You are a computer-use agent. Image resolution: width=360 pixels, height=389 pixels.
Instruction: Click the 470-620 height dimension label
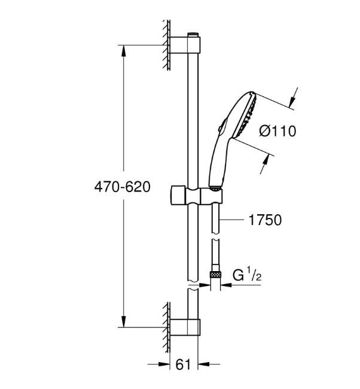coord(122,187)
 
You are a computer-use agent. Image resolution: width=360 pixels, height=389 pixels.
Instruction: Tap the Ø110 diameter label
coord(277,130)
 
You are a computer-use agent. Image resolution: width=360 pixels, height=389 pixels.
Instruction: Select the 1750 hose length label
coord(265,220)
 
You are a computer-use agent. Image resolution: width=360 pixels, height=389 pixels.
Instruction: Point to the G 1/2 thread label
coord(247,275)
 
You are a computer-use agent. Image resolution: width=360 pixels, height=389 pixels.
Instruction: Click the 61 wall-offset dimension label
coord(183,364)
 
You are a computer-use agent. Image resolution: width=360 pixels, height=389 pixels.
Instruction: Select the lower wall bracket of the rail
coord(185,327)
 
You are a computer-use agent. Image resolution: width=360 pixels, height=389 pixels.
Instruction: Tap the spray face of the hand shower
coord(249,115)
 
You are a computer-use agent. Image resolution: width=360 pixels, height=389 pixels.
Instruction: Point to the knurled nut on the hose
coord(215,274)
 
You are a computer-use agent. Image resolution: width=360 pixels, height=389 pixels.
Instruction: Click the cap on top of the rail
coord(193,35)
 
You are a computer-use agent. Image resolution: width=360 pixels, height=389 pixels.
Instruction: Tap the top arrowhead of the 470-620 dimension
coord(124,51)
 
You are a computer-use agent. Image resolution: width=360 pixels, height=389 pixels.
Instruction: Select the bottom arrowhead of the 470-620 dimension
coord(124,321)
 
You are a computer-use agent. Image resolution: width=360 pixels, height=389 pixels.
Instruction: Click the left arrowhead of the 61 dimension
coord(164,364)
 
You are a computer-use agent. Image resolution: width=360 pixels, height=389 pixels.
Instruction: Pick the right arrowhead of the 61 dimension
coord(204,364)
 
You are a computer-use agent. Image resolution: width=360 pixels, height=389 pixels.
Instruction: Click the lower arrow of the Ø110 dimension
coord(264,164)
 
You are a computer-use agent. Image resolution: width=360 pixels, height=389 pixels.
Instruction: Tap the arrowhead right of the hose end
coord(225,285)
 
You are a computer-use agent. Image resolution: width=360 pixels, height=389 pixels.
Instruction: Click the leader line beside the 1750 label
coord(231,219)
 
